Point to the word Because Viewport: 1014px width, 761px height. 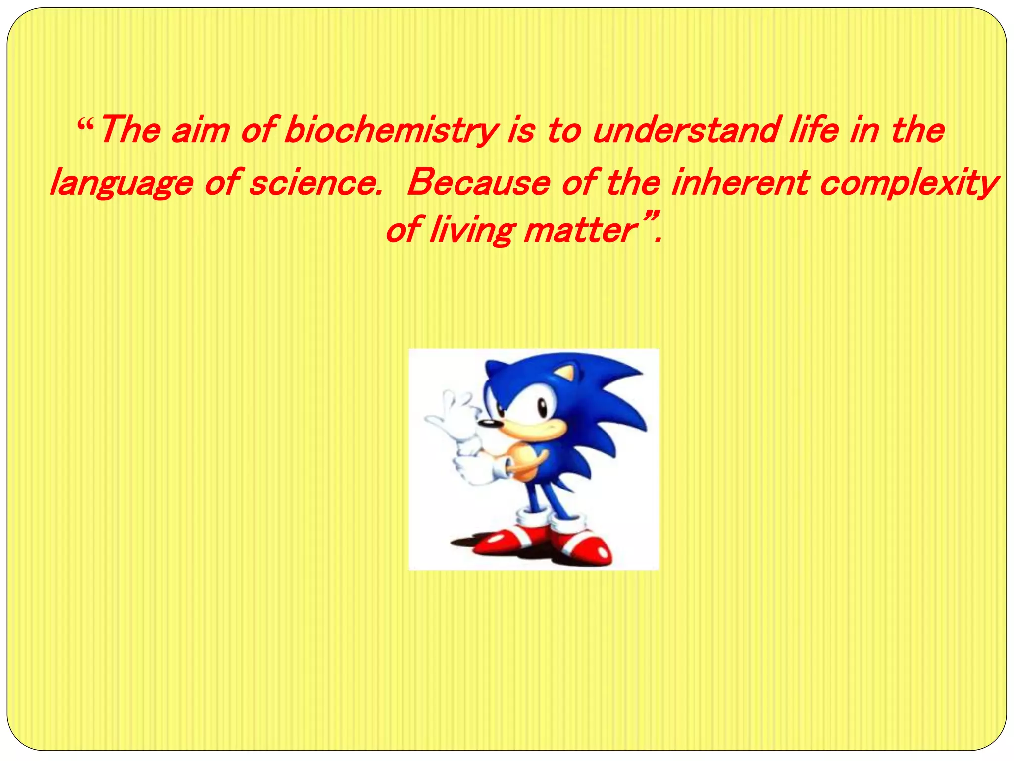(478, 182)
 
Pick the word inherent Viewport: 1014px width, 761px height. (740, 182)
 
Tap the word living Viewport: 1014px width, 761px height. (470, 231)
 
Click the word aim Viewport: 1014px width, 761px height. (201, 131)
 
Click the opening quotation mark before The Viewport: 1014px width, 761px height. (85, 122)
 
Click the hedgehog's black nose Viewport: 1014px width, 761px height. (488, 423)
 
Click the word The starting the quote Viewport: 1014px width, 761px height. (130, 130)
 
